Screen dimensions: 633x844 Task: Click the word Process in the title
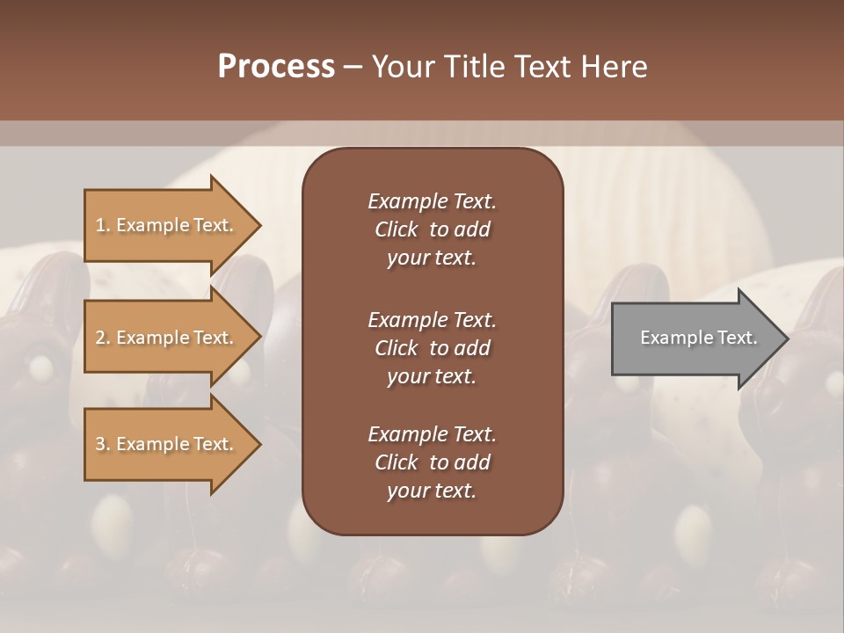point(276,67)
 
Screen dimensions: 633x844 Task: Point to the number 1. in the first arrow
point(103,225)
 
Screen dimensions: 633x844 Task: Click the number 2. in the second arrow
point(103,338)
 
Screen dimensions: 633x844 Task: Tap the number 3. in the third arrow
point(103,444)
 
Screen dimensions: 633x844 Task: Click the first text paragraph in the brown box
point(432,229)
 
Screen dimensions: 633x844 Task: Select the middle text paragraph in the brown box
point(432,347)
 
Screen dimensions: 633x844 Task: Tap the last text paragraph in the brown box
point(432,462)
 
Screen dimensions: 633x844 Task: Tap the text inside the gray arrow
point(698,338)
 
